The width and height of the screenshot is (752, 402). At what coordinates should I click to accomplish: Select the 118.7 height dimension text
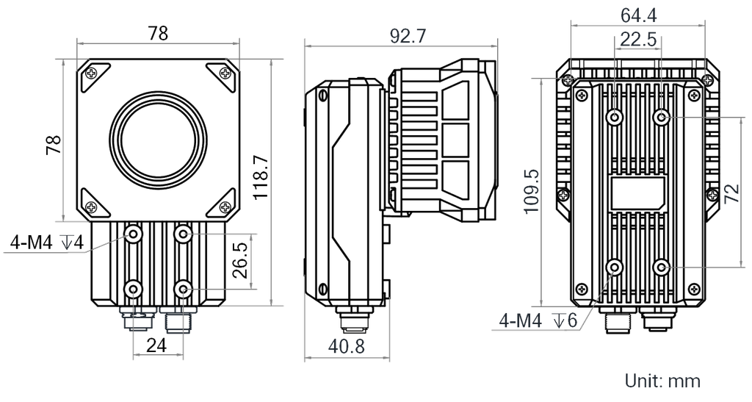261,178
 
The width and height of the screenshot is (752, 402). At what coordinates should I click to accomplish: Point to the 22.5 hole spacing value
638,40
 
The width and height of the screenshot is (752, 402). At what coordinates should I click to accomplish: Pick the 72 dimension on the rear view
732,193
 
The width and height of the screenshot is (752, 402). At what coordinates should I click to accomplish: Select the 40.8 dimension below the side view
347,345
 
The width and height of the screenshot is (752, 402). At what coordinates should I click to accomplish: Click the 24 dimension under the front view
156,345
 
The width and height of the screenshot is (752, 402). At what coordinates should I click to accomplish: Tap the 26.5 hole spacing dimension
241,260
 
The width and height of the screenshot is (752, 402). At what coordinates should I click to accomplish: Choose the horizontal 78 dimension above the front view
158,33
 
